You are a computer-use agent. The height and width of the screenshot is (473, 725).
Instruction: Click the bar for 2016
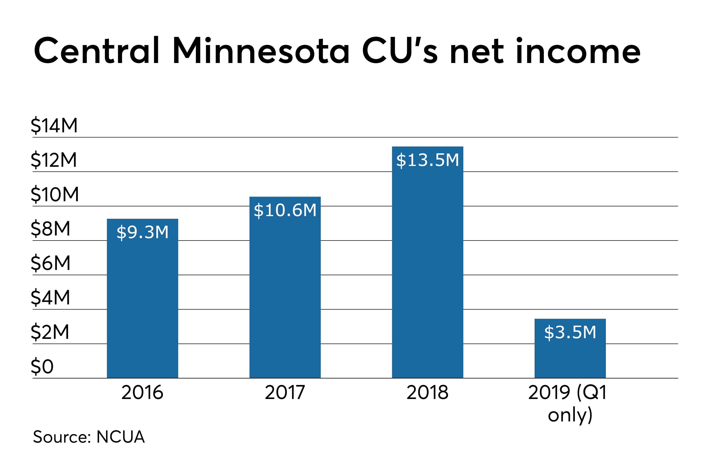coord(142,305)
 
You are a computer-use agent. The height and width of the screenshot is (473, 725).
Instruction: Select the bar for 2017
coord(285,293)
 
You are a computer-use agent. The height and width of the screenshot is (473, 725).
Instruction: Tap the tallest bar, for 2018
coord(427,268)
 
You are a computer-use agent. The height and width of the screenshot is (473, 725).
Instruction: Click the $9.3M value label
coord(142,232)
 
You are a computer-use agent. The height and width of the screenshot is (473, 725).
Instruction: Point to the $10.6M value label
coord(285,210)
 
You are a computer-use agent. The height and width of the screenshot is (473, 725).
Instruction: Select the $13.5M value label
coord(427,160)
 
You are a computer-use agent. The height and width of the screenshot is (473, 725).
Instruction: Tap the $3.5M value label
coord(570,332)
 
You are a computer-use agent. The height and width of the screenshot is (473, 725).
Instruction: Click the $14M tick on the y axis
coord(54,125)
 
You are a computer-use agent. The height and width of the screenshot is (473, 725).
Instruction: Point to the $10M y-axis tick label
coord(55,194)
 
